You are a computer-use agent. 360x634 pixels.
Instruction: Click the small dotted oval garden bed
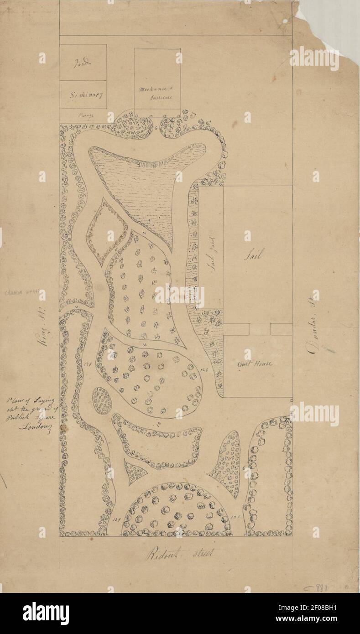pyautogui.click(x=102, y=401)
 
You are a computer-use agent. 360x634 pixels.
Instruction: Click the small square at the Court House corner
pyautogui.click(x=291, y=399)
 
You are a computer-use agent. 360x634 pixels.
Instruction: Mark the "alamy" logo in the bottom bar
pyautogui.click(x=46, y=613)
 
